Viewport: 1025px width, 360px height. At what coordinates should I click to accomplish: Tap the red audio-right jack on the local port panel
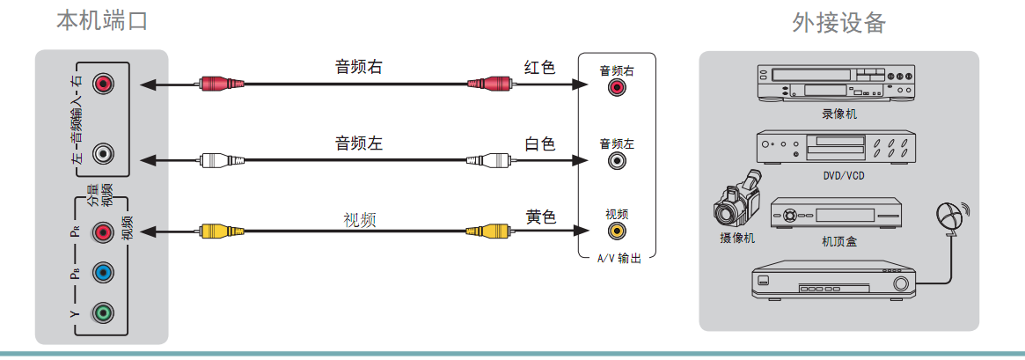pos(104,84)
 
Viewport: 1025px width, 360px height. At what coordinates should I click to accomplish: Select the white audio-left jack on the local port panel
pos(104,154)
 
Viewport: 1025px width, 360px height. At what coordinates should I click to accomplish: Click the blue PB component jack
pos(104,272)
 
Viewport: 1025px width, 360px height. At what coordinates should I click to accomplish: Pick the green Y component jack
pos(104,311)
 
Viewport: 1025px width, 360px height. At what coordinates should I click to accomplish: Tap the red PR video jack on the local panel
pos(104,232)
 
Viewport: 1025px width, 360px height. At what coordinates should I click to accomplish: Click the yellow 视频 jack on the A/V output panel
pos(616,231)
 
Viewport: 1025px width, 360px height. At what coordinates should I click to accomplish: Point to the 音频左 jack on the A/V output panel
pos(616,160)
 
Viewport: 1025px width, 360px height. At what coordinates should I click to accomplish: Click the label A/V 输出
pos(619,259)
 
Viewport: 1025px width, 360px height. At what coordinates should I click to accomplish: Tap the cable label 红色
pos(539,68)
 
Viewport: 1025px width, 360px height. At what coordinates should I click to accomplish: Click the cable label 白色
pos(539,143)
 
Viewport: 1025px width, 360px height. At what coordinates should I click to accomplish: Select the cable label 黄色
pos(539,216)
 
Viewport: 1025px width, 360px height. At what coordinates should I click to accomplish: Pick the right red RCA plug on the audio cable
pos(489,84)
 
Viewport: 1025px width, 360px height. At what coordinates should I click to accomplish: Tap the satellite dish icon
pos(950,217)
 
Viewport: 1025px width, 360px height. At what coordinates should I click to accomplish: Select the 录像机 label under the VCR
pos(838,114)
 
